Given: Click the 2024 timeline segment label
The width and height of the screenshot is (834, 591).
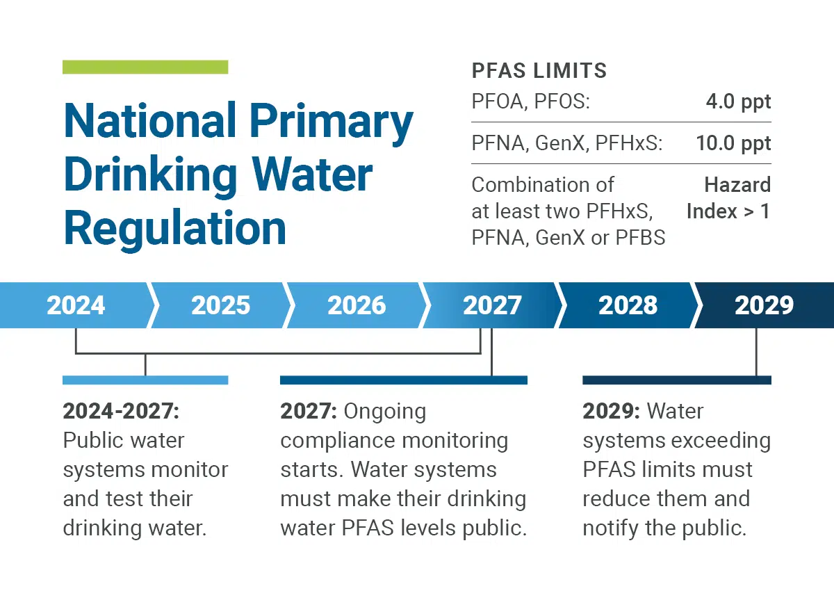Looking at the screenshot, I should click(x=76, y=305).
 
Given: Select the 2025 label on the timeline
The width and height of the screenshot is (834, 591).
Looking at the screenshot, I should click(x=220, y=305).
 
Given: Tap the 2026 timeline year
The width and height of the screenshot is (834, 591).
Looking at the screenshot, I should click(x=357, y=305).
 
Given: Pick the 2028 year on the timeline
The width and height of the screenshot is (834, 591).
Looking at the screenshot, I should click(x=628, y=305).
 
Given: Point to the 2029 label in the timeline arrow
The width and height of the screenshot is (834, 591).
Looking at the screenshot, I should click(x=764, y=305).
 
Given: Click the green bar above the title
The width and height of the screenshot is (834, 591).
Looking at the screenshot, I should click(x=145, y=67).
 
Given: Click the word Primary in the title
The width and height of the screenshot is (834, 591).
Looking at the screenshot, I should click(x=331, y=121).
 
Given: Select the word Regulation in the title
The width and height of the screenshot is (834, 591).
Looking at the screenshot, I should click(x=174, y=228).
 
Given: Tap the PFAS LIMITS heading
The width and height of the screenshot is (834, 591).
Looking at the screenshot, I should click(x=539, y=71).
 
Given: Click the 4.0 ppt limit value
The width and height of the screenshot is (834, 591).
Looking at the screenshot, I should click(x=738, y=102).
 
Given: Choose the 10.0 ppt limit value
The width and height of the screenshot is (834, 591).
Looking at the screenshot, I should click(x=733, y=144).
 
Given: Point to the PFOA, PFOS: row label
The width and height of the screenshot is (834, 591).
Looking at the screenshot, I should click(x=531, y=102).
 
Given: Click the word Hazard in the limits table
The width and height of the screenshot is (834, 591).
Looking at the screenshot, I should click(x=737, y=185).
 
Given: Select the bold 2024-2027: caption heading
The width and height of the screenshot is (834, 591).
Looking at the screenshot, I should click(x=121, y=411).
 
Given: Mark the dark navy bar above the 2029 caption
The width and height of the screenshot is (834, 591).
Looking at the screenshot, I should click(x=677, y=380).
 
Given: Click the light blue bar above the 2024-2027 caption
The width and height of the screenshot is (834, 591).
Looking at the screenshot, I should click(x=145, y=380).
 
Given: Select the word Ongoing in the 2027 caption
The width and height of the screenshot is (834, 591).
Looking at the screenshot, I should click(x=385, y=411).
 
